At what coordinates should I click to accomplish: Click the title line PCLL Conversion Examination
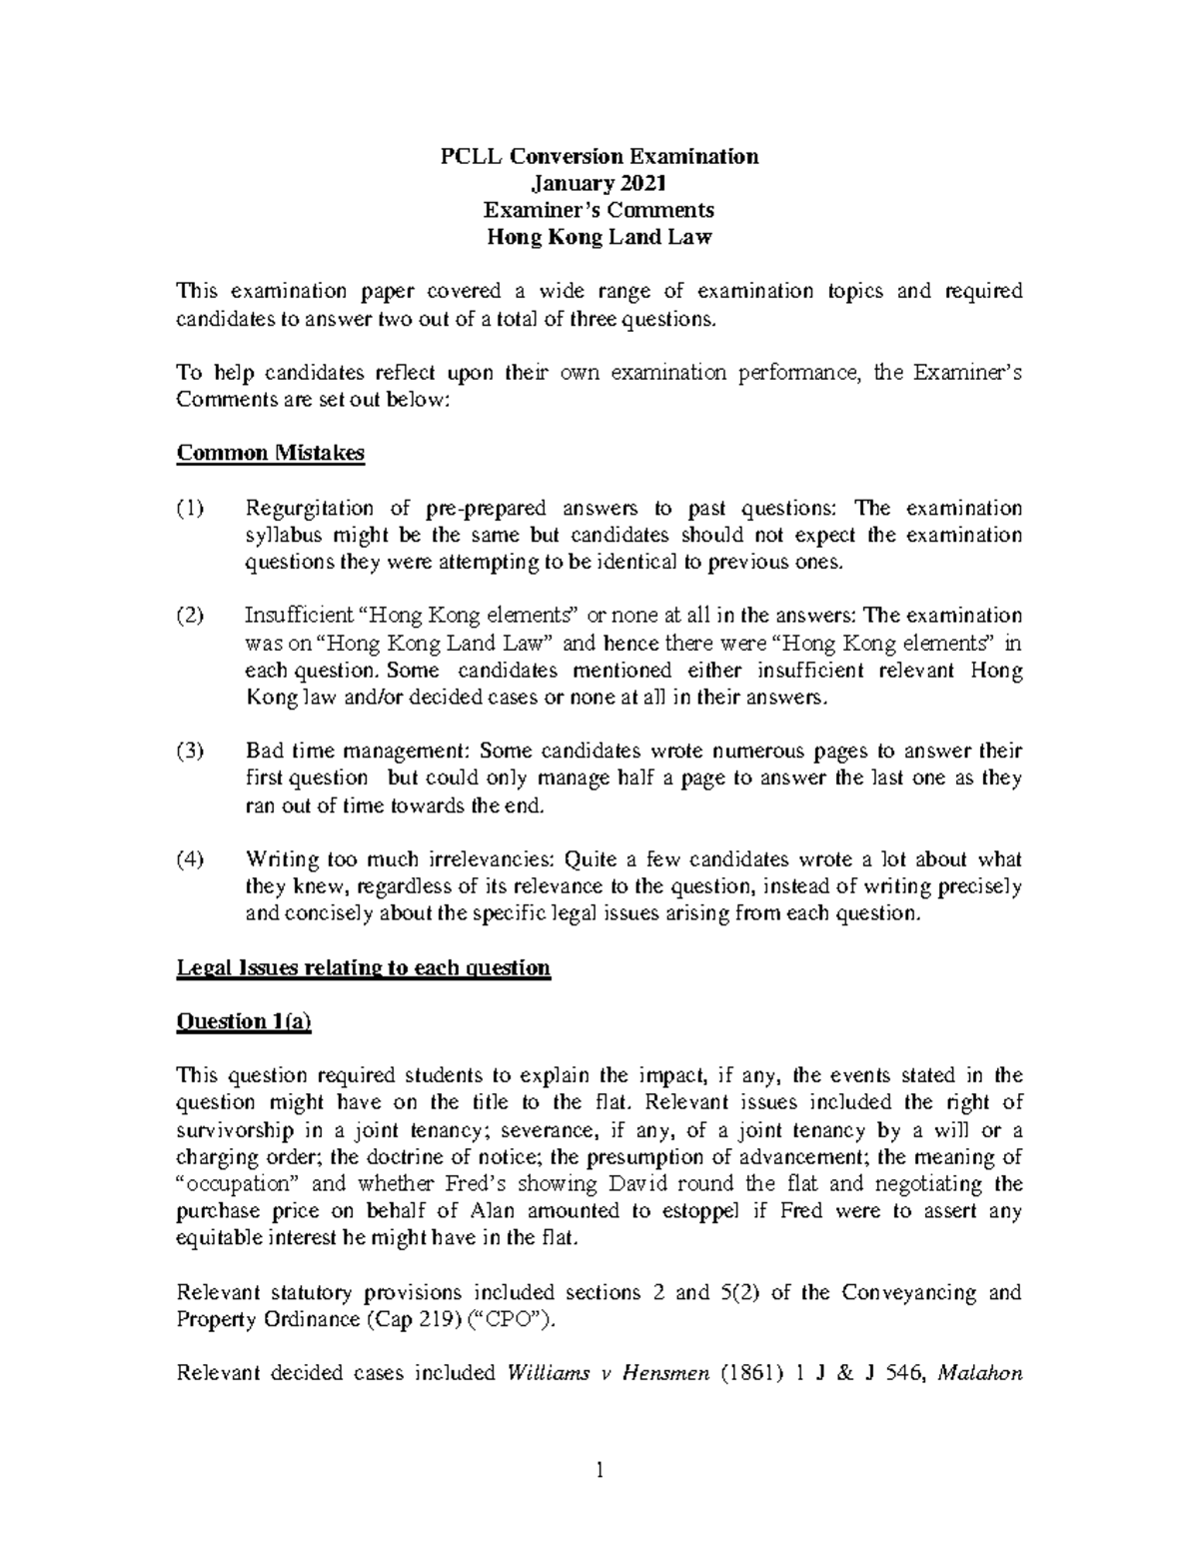pos(599,156)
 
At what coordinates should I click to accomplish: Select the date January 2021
pos(599,183)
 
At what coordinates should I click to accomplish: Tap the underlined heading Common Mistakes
pos(270,453)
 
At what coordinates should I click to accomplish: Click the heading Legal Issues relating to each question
pos(363,967)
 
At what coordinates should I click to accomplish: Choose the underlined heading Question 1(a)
pos(244,1021)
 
